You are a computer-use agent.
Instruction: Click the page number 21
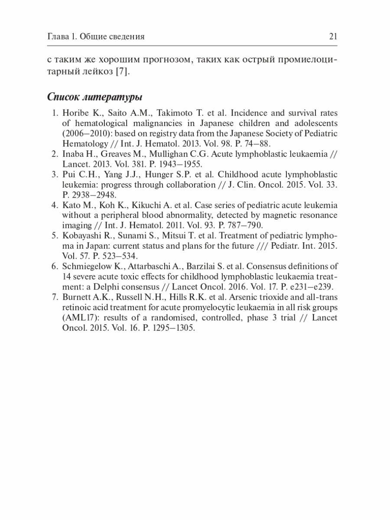[x=333, y=37]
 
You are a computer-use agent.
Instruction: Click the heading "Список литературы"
[x=95, y=96]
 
